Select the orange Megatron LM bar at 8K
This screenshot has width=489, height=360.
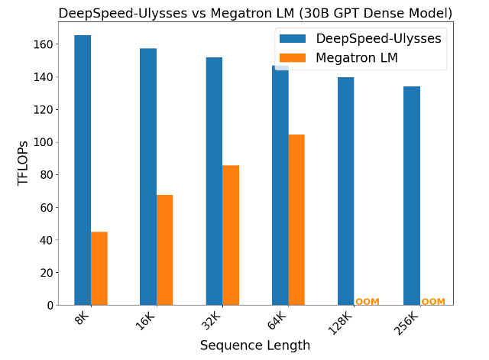tap(99, 268)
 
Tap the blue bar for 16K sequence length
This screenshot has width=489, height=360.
tap(148, 177)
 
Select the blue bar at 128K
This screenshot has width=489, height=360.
tap(345, 191)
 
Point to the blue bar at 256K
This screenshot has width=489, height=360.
tap(411, 196)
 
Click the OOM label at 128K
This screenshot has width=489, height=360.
tap(367, 302)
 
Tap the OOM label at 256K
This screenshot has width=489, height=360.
tap(432, 302)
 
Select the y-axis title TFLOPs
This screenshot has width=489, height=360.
tap(23, 163)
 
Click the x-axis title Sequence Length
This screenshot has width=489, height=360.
tap(255, 345)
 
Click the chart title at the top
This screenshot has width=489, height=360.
tap(255, 13)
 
